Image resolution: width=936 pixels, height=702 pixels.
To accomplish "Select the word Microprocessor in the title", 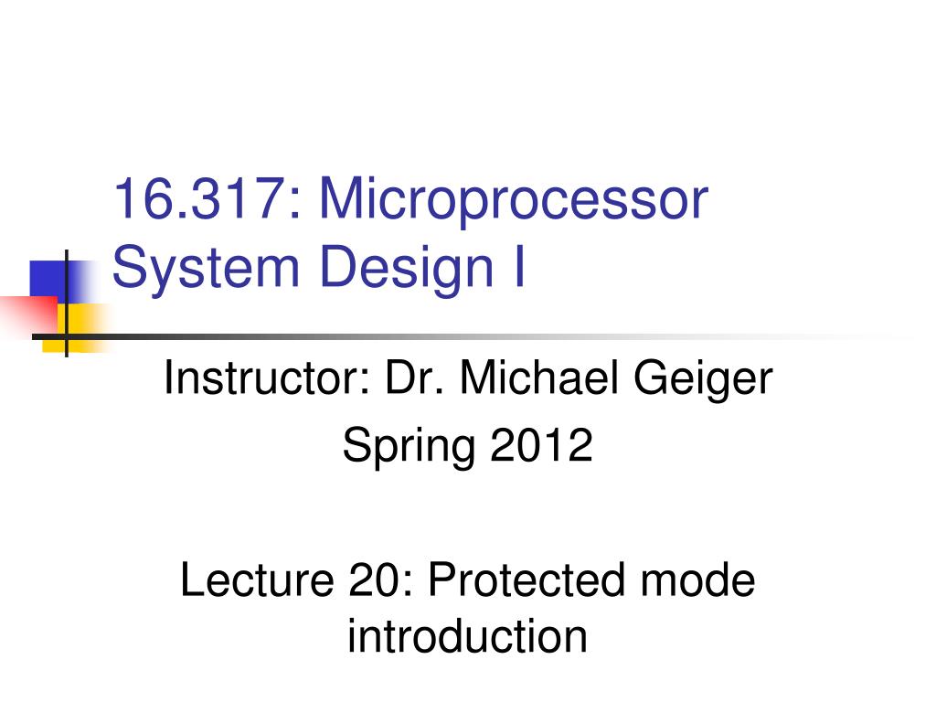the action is pos(514,202).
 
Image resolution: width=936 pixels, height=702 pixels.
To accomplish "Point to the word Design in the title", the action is pos(407,269).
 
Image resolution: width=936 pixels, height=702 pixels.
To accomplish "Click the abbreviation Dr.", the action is pos(415,378).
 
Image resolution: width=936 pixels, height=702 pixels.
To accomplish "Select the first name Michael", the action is pos(539,378).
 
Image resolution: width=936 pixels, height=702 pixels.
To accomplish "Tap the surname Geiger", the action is pos(703,382).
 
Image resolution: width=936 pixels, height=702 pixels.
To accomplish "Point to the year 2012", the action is pos(541,445).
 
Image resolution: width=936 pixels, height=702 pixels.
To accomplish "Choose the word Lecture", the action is pos(257,580).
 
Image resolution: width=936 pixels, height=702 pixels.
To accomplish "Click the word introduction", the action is pos(468,636).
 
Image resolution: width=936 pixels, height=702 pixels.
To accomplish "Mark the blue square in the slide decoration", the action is pos(50,280).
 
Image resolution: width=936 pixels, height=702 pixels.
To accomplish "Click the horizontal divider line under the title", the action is pos(472,337).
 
